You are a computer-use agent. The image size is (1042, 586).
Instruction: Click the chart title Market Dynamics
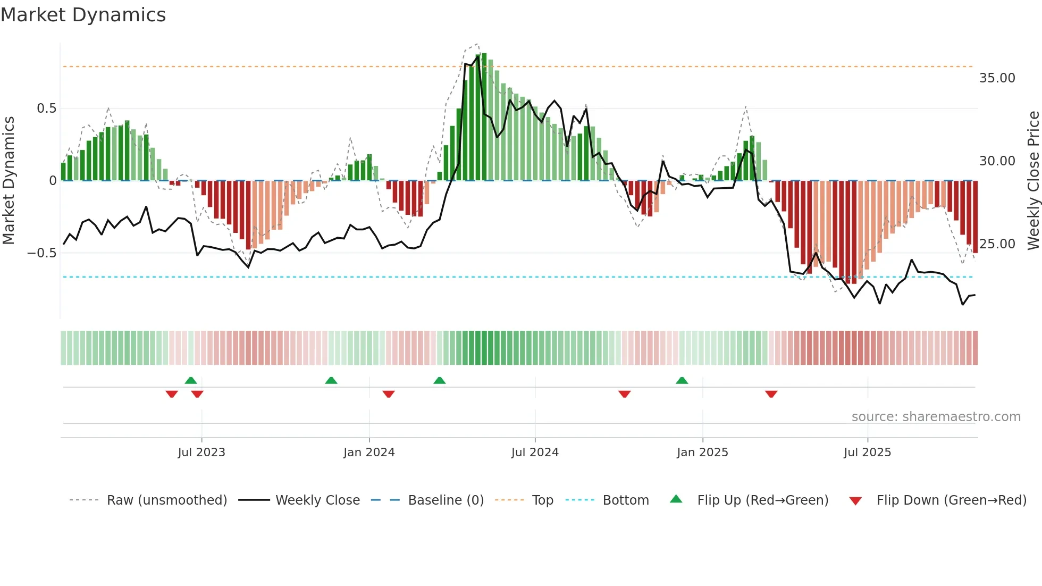tap(83, 15)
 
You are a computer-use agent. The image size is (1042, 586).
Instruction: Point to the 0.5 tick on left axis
tap(46, 108)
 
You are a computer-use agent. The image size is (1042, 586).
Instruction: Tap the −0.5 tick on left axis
tap(42, 253)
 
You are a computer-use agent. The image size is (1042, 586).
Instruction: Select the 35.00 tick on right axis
tap(997, 78)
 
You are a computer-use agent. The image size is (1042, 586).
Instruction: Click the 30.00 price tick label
tap(997, 161)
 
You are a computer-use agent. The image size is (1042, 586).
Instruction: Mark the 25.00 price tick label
tap(997, 244)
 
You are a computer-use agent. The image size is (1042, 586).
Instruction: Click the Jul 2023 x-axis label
tap(201, 453)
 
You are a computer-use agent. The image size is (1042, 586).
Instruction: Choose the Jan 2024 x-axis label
tap(369, 453)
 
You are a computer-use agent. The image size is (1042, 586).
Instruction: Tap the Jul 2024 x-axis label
tap(535, 453)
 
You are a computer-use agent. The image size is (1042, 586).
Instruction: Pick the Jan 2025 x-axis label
tap(702, 453)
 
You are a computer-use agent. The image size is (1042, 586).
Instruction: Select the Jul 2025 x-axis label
tap(867, 453)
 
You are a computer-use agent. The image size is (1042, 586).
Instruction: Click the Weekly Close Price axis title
tap(1033, 180)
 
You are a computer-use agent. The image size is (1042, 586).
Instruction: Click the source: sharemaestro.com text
tap(936, 417)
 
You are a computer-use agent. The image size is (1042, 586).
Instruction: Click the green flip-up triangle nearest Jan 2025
tap(682, 380)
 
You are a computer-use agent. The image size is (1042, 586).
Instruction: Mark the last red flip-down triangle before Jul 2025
tap(771, 394)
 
